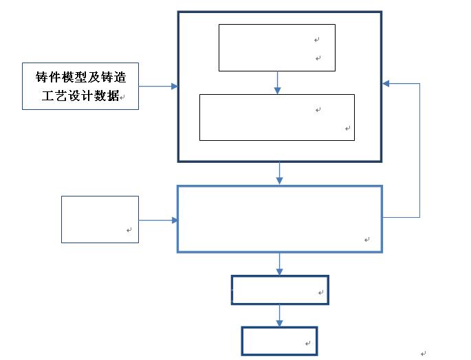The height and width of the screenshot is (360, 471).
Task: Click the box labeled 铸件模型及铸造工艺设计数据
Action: [x=80, y=86]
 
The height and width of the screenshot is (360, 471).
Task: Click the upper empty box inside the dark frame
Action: [x=276, y=47]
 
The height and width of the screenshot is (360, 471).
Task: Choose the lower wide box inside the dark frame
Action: [x=276, y=117]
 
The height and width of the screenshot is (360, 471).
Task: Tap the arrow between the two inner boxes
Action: [x=277, y=82]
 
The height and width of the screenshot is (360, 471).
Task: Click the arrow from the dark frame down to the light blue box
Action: [x=279, y=173]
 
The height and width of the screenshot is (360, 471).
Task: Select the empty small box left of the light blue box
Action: [x=100, y=219]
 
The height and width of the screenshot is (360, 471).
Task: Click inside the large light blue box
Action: [x=279, y=218]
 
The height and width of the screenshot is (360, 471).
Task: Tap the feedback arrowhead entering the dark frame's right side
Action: [x=387, y=83]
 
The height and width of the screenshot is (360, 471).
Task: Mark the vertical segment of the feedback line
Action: [x=419, y=151]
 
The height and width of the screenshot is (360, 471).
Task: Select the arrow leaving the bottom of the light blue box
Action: [x=279, y=264]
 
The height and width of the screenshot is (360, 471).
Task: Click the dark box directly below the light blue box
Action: [x=280, y=290]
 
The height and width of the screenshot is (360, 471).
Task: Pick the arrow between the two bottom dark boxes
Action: [x=279, y=315]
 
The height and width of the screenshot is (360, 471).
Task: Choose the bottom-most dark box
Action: [x=279, y=341]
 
